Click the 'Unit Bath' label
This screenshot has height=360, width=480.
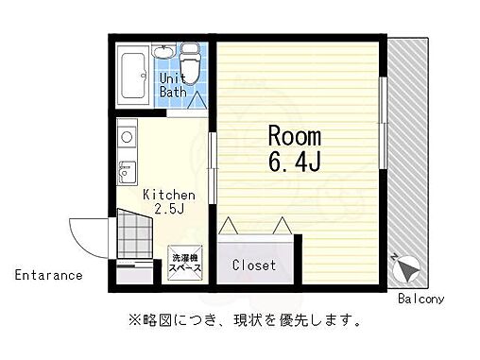[173, 85]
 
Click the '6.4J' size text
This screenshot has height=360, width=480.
[295, 163]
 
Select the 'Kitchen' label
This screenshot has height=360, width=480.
[169, 195]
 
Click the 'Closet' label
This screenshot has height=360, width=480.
[255, 266]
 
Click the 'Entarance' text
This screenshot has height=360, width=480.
[48, 276]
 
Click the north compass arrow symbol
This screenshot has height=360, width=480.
[407, 269]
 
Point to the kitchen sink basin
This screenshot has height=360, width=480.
[125, 174]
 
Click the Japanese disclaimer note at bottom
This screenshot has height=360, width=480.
[239, 321]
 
